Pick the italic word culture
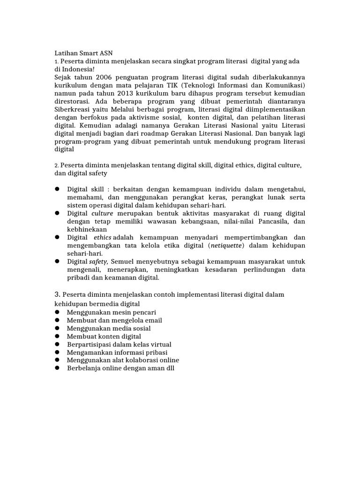tap(102, 213)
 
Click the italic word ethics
tap(103, 238)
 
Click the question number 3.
tap(58, 294)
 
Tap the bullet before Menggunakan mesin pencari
tap(57, 312)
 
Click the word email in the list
tap(150, 320)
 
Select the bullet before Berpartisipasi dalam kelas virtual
tap(57, 344)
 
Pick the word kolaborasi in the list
tap(133, 360)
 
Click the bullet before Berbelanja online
tap(57, 368)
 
